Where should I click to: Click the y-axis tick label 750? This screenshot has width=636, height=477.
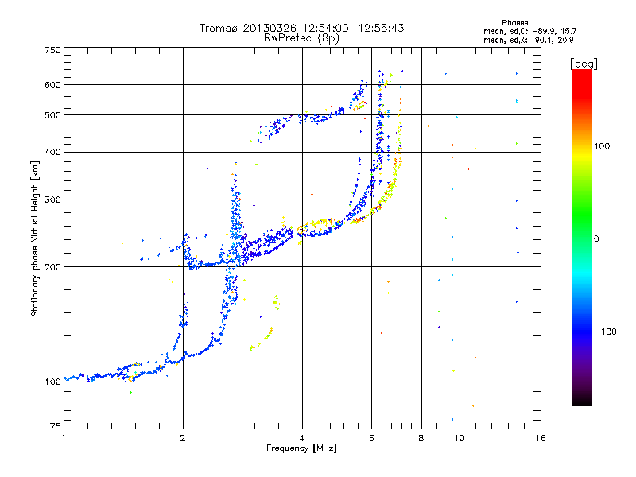pos(53,50)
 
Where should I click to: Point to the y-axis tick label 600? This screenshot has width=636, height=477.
pos(53,85)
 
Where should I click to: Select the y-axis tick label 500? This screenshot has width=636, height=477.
pos(53,115)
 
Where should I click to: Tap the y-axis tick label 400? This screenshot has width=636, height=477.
pos(53,152)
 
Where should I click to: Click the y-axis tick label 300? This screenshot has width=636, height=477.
pos(53,200)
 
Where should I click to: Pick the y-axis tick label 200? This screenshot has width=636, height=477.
pos(53,267)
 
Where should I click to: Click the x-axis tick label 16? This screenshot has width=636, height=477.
pos(540,438)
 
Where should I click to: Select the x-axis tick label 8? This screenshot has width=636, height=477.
pos(421,438)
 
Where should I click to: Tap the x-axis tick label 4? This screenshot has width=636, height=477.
pos(302,438)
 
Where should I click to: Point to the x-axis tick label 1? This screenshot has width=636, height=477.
pos(64,438)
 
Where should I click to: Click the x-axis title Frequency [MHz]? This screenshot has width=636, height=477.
pos(302,448)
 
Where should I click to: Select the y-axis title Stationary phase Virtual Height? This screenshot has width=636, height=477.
pos(35,238)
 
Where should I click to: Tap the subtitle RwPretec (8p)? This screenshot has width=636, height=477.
pos(302,37)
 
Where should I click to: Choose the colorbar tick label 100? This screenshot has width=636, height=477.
pos(601,146)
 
